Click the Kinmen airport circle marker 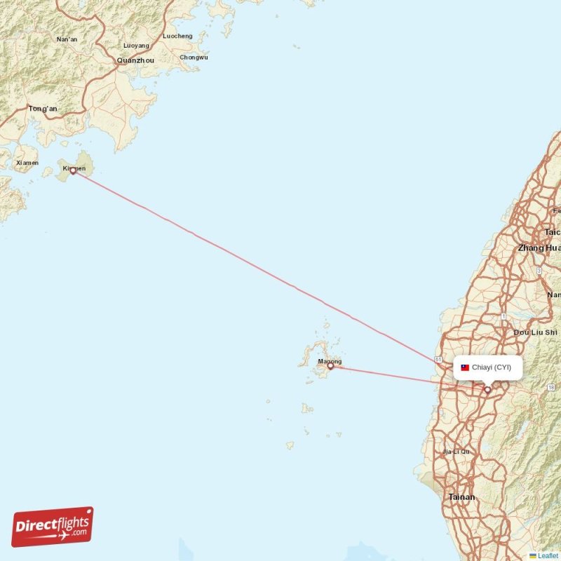(x=73, y=170)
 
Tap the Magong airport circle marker (x=330, y=365)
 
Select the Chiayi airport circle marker (x=487, y=389)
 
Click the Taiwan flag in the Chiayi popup (x=465, y=367)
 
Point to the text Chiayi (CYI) (x=492, y=367)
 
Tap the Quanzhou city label (x=135, y=61)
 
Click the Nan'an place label (x=67, y=40)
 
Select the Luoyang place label (x=136, y=46)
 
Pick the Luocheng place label (x=177, y=36)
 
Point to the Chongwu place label (x=194, y=58)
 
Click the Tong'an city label (x=43, y=109)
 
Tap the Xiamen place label (x=27, y=163)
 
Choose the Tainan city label (x=461, y=497)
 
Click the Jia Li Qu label (x=457, y=452)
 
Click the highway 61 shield (x=438, y=359)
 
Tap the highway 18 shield (x=551, y=387)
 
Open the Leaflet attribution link (x=548, y=555)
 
